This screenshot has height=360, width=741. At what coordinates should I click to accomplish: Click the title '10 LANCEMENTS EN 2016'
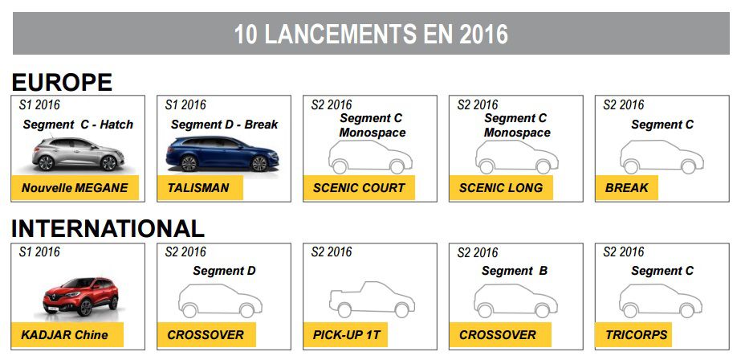click(x=371, y=35)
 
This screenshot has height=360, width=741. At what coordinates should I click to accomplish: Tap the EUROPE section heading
click(x=62, y=82)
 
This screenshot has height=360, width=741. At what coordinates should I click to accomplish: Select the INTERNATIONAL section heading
click(x=108, y=229)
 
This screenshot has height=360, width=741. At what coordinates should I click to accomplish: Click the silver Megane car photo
click(x=78, y=153)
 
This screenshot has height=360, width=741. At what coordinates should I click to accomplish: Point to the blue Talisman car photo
click(x=222, y=153)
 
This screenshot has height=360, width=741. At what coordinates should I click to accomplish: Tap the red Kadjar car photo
click(x=80, y=296)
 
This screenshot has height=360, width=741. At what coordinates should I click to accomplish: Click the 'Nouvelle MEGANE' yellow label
click(x=75, y=188)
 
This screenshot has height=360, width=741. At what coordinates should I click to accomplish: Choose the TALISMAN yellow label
click(x=201, y=188)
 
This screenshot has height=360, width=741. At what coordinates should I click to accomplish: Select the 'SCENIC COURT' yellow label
click(x=359, y=188)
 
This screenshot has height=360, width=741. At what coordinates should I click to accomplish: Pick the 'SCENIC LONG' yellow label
click(x=502, y=188)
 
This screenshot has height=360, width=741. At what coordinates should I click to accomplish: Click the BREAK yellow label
click(x=627, y=188)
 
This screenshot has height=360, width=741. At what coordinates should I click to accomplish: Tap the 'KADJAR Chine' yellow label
click(x=67, y=335)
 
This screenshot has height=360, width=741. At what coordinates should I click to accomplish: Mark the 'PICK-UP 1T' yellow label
click(x=346, y=335)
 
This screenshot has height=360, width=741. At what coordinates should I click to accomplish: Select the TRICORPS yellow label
click(x=633, y=335)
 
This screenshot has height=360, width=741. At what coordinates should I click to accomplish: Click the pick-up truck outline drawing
click(x=372, y=300)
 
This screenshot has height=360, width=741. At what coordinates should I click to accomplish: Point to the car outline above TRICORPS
click(x=661, y=301)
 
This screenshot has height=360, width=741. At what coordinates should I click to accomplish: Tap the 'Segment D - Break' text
click(x=225, y=125)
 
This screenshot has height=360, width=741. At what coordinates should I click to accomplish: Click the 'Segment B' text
click(x=515, y=271)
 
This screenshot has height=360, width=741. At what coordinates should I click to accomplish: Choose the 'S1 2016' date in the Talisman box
click(x=185, y=104)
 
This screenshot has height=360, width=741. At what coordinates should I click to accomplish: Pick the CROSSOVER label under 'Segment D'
click(x=206, y=335)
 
